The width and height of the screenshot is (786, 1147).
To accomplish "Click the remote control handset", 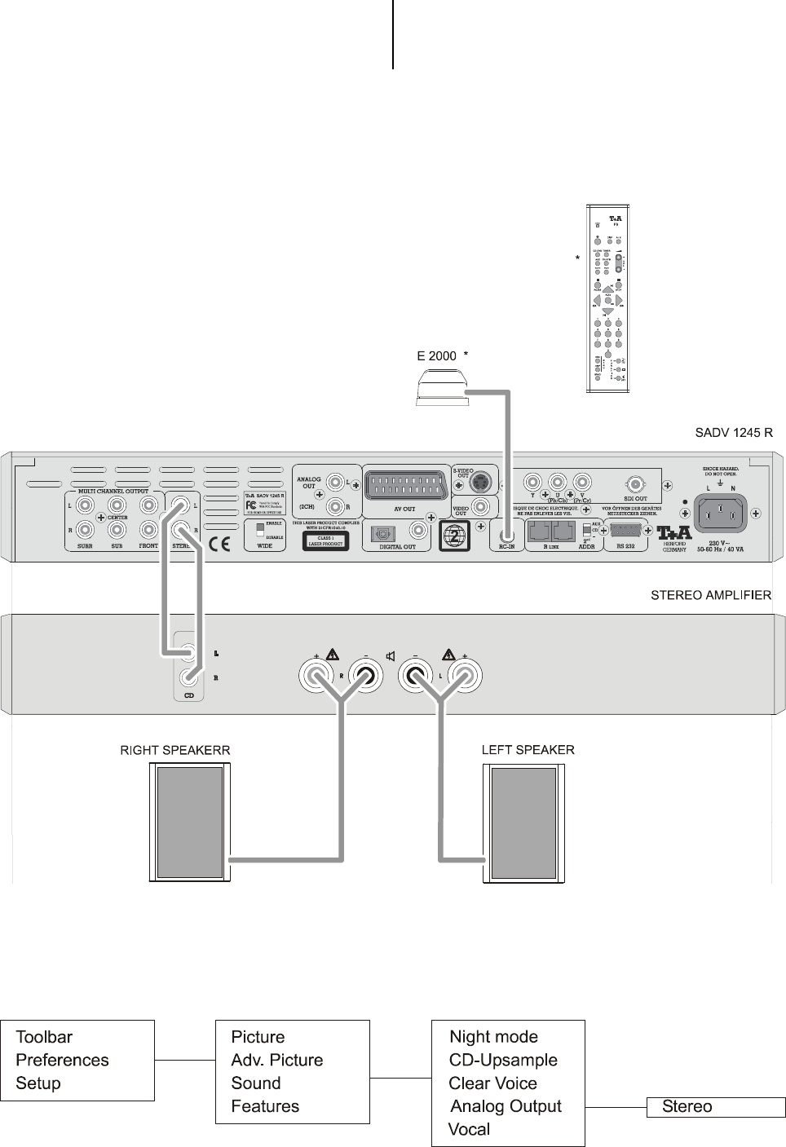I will click(x=607, y=298).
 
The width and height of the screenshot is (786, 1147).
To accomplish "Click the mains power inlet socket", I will click(x=719, y=513).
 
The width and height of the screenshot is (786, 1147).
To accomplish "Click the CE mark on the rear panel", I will click(x=219, y=544).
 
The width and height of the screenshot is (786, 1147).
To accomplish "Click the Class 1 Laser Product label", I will click(x=325, y=540).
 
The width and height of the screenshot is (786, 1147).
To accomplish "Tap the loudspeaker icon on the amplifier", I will click(x=391, y=655).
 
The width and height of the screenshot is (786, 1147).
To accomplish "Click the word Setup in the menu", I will click(x=38, y=1083).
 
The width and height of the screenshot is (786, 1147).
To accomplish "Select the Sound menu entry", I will click(x=256, y=1083).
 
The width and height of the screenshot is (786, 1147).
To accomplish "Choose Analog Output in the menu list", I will click(x=506, y=1106).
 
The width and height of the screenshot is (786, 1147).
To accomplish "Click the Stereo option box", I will click(x=716, y=1107).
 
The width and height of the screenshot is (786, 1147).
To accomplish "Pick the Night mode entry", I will click(x=494, y=1037).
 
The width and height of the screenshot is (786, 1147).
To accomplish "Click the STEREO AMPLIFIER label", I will click(x=710, y=596).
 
